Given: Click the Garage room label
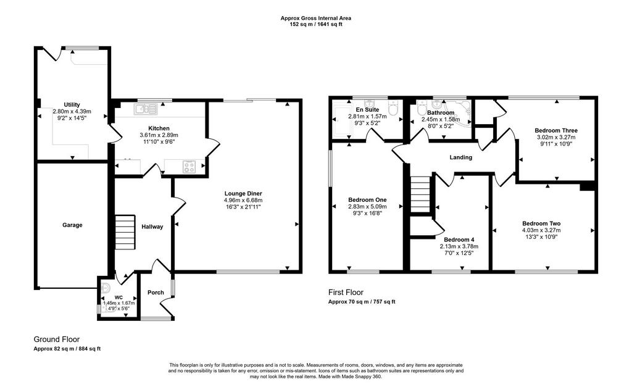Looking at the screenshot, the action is (x=72, y=225).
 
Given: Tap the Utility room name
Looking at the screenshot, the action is (x=72, y=104).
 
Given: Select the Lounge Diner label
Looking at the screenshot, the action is (x=243, y=194).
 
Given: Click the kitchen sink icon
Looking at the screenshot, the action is (x=146, y=109).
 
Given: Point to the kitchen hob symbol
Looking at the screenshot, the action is (x=189, y=167).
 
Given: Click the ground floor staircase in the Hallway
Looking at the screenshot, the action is (x=125, y=232).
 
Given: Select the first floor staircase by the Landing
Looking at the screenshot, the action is (x=420, y=194).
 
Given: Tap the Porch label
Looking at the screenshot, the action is (x=156, y=293).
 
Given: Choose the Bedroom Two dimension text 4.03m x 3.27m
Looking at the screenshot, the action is (x=541, y=230).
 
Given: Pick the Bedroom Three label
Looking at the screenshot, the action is (x=556, y=130).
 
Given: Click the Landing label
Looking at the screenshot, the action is (x=460, y=157).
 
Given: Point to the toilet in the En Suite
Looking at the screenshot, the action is (x=393, y=107).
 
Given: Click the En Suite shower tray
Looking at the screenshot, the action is (x=342, y=122).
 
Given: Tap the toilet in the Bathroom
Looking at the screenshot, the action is (x=422, y=107).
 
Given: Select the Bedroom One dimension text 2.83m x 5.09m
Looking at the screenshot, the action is (x=367, y=206).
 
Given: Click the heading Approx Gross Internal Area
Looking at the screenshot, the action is (x=315, y=18).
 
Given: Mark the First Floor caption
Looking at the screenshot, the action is (x=346, y=293).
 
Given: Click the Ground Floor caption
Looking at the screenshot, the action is (x=56, y=339).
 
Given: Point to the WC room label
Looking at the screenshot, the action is (x=118, y=298).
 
